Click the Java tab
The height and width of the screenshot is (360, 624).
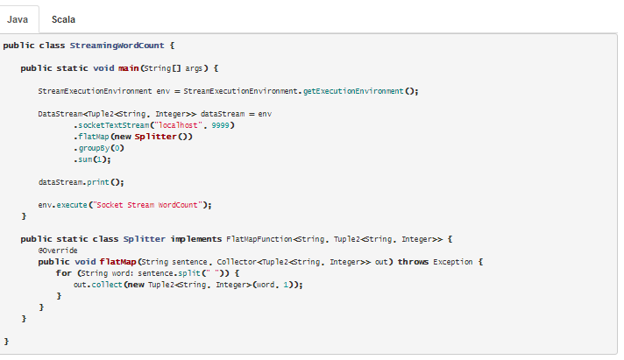[18, 18]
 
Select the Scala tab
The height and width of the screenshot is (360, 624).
[63, 18]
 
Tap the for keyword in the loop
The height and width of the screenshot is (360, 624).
[63, 273]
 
